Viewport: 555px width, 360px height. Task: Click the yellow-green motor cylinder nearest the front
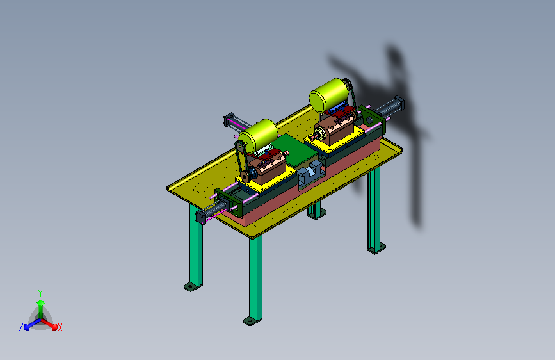(259, 135)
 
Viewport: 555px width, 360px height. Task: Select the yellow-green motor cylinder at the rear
(329, 94)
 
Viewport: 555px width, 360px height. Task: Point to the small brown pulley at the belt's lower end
(245, 177)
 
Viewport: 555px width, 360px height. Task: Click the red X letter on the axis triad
(60, 327)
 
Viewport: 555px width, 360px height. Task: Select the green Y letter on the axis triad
(40, 293)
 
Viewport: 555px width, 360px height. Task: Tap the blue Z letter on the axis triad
(21, 327)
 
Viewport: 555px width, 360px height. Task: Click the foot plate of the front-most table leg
(252, 322)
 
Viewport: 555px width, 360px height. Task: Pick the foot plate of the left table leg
(192, 286)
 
